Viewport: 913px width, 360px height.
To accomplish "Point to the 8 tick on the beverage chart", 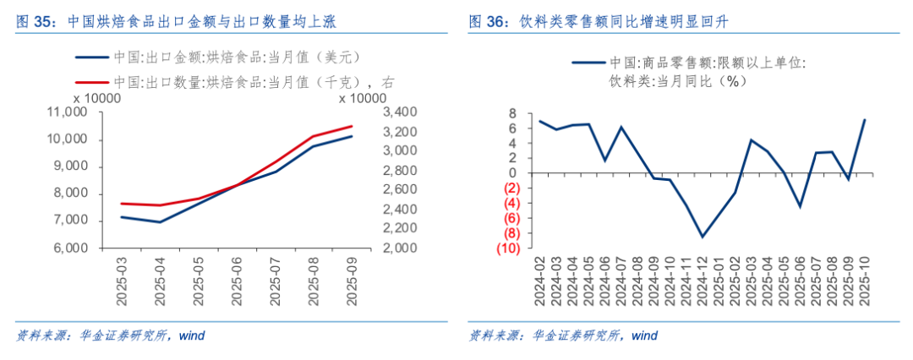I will point(511,113).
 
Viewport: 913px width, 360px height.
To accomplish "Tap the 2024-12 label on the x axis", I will point(702,283).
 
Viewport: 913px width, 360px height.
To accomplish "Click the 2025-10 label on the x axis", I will point(864,283).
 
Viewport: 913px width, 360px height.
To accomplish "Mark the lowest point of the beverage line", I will point(702,237).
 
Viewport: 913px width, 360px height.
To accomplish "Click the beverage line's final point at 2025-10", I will point(864,119).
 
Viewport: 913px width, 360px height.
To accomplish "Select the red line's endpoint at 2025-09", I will point(353,126).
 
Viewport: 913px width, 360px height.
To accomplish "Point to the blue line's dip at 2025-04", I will point(161,222).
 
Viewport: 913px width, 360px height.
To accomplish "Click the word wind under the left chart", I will point(192,335).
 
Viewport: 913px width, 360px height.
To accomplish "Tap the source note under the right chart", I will point(563,335).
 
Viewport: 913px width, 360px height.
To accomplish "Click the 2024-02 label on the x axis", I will point(540,283).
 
